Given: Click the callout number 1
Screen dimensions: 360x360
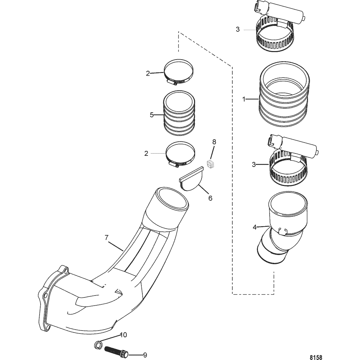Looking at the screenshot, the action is tap(244, 99).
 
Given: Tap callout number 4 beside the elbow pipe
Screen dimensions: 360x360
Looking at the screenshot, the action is tap(254, 227).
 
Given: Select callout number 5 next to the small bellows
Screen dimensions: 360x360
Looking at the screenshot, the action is tap(152, 115).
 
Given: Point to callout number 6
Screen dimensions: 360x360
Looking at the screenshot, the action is tap(210, 198).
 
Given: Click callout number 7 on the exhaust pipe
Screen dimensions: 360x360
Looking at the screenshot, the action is tap(106, 238).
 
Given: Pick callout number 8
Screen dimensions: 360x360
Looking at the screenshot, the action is tap(214, 142).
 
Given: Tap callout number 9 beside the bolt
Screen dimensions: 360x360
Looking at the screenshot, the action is tap(145, 355).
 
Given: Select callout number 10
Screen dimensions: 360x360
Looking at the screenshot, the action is tap(123, 335).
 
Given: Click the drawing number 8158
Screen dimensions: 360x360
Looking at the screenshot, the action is tap(316, 357).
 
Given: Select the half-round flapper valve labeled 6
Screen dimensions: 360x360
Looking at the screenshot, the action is tap(191, 178).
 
